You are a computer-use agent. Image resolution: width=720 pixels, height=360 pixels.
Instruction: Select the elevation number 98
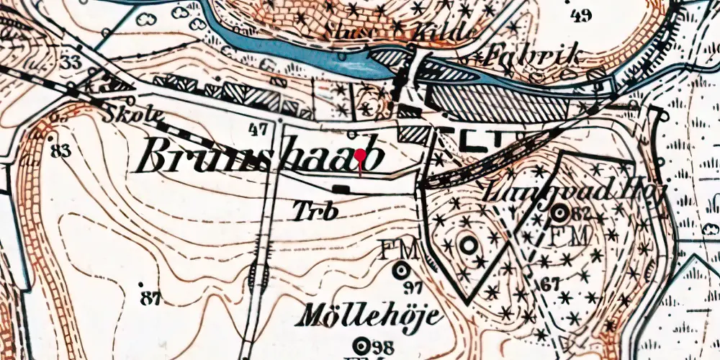pos(386,344)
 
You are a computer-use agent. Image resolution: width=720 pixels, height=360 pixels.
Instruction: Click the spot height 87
pos(150,296)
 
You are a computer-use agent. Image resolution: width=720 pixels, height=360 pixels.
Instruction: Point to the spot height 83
pos(62,150)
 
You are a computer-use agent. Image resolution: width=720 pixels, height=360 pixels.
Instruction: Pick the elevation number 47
pos(257,130)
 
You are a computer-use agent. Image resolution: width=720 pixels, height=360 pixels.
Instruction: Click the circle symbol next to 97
pos(401,271)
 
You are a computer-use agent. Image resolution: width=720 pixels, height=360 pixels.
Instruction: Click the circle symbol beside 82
pos(559,212)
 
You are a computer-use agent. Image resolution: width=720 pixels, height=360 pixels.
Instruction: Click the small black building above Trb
pos(341,189)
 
